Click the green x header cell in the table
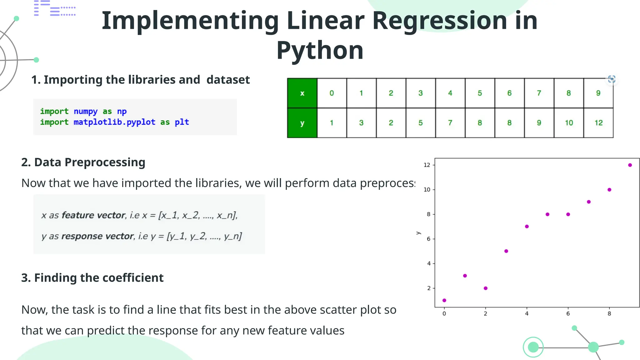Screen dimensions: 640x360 302,93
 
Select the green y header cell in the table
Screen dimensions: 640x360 302,123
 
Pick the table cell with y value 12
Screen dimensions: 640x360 598,123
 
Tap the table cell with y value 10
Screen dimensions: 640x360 569,123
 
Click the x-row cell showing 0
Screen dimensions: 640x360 332,93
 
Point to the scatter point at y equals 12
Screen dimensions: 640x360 630,165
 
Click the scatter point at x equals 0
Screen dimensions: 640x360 444,300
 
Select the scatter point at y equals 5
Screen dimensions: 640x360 506,251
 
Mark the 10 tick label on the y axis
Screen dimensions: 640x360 427,190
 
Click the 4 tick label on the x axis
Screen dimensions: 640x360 527,313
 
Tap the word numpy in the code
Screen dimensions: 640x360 86,112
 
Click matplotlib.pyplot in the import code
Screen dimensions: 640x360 114,122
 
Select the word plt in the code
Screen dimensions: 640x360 182,122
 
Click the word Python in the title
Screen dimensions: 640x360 320,51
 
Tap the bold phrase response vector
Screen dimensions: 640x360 97,236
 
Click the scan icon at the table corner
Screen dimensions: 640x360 612,79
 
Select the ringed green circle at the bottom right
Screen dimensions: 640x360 533,347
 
